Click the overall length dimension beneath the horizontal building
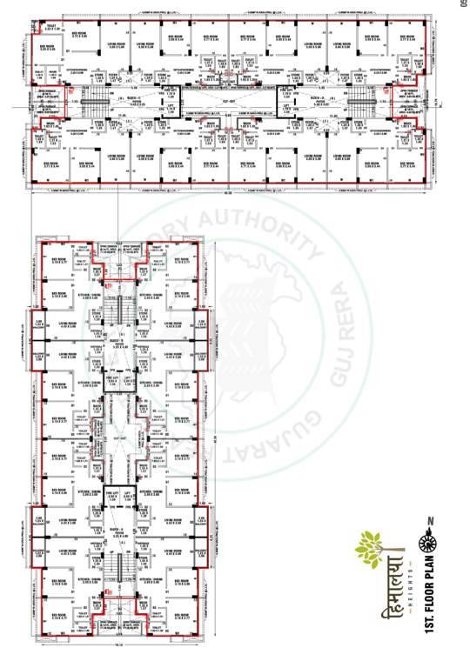[229, 194]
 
